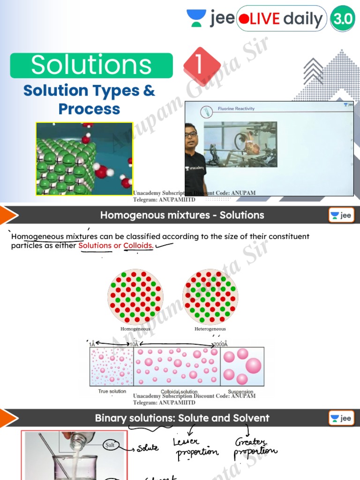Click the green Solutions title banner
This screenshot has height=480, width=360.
point(91,65)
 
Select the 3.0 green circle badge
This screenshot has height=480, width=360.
point(344,19)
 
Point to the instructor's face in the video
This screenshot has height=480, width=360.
point(191,134)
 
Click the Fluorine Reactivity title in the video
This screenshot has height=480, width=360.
point(236,109)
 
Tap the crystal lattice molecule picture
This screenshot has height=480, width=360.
point(84,158)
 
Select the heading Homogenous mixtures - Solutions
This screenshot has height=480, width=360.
point(182,215)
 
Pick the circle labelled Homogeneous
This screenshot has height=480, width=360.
point(135,296)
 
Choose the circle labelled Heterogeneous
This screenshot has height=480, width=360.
point(210,296)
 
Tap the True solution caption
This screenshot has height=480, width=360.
point(112,391)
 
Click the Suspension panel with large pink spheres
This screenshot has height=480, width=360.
point(242,367)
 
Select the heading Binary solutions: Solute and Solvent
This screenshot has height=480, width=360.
point(182,418)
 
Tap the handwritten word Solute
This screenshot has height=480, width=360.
point(148,448)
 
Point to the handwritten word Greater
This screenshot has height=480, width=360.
point(251,442)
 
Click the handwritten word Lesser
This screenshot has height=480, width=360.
point(186,442)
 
